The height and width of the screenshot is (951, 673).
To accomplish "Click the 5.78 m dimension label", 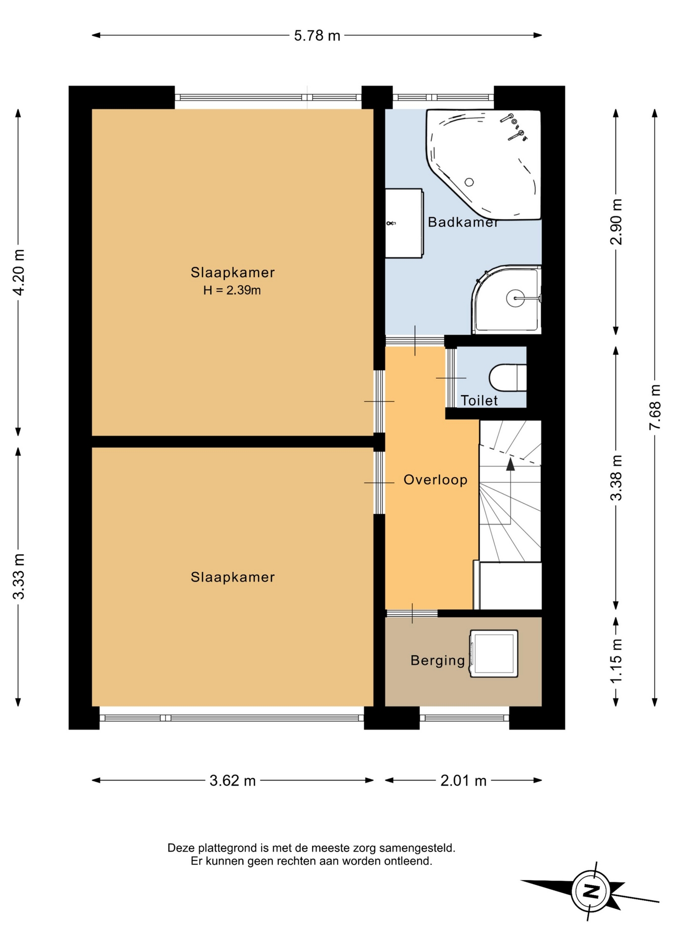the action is point(317,36).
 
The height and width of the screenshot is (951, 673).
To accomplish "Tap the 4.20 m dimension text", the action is point(18,272).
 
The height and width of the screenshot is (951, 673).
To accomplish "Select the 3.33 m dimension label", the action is point(18,577).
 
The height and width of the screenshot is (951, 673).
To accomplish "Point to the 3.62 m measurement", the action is point(232,781).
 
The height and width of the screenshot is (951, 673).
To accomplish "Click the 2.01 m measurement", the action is point(463,781).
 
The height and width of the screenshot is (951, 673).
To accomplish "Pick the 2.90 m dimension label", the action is point(616,222).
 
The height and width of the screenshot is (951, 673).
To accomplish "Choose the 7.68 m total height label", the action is point(655,407).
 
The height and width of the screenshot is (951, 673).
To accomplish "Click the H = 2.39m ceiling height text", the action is point(232,290).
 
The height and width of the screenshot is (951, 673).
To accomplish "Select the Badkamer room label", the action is point(463,222).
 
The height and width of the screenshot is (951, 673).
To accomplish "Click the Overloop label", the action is point(436,479).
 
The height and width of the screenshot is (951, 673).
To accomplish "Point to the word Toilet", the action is point(479,400).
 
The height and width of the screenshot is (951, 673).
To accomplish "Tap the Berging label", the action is point(438,660).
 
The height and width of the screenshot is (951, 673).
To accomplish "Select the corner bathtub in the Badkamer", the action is point(484,163).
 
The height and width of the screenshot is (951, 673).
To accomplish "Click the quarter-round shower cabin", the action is point(506,300).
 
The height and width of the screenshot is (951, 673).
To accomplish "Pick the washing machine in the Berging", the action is point(494,653).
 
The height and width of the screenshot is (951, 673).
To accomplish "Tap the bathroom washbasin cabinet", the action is point(404,223).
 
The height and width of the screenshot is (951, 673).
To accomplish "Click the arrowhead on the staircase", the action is point(510,464).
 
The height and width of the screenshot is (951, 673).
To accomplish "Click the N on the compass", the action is point(590,892).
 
